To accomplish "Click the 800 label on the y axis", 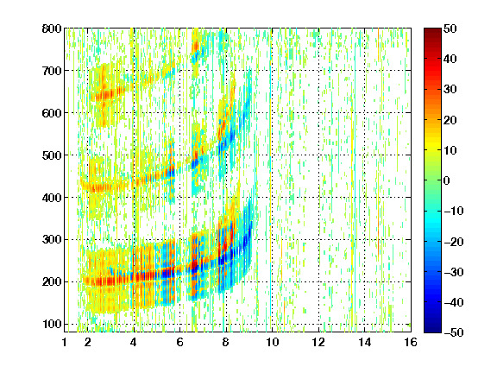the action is pyautogui.click(x=52, y=28).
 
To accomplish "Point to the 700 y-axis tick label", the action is pyautogui.click(x=52, y=71).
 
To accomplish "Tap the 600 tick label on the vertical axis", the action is pyautogui.click(x=52, y=113).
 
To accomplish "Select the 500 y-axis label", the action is pyautogui.click(x=52, y=155).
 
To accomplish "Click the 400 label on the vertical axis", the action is pyautogui.click(x=52, y=198).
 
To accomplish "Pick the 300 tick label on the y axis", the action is pyautogui.click(x=52, y=240).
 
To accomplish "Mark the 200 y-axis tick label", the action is pyautogui.click(x=52, y=282).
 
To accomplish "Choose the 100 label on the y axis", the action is pyautogui.click(x=52, y=324).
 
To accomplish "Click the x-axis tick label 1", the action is pyautogui.click(x=65, y=342).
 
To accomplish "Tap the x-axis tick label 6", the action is pyautogui.click(x=179, y=342).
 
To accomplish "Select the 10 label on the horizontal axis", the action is pyautogui.click(x=272, y=342).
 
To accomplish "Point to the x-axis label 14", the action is pyautogui.click(x=364, y=342).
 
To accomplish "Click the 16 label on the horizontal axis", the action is pyautogui.click(x=411, y=342).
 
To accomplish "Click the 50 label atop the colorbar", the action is pyautogui.click(x=450, y=28).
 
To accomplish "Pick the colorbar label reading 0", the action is pyautogui.click(x=447, y=180).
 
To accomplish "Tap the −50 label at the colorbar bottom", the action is pyautogui.click(x=454, y=332).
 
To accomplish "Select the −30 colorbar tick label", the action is pyautogui.click(x=454, y=272).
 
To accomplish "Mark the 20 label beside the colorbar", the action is pyautogui.click(x=450, y=120).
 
